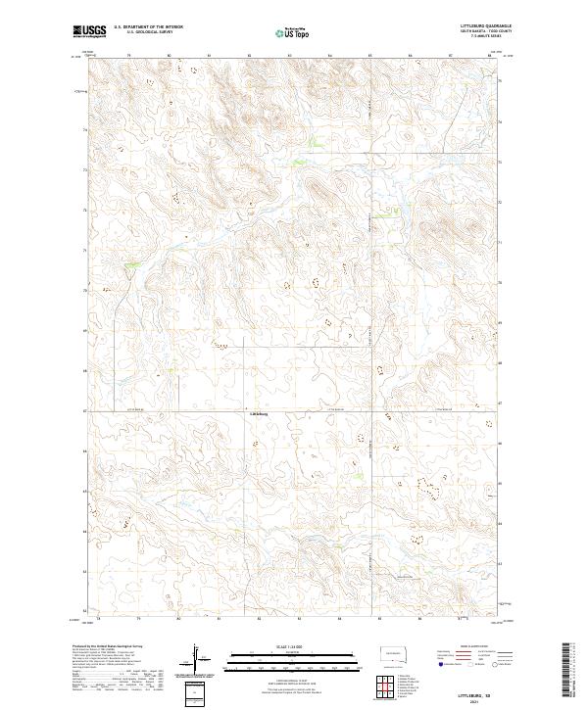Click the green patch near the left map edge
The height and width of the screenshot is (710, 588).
click(132, 265)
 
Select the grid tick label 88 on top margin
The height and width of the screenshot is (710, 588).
click(489, 56)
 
